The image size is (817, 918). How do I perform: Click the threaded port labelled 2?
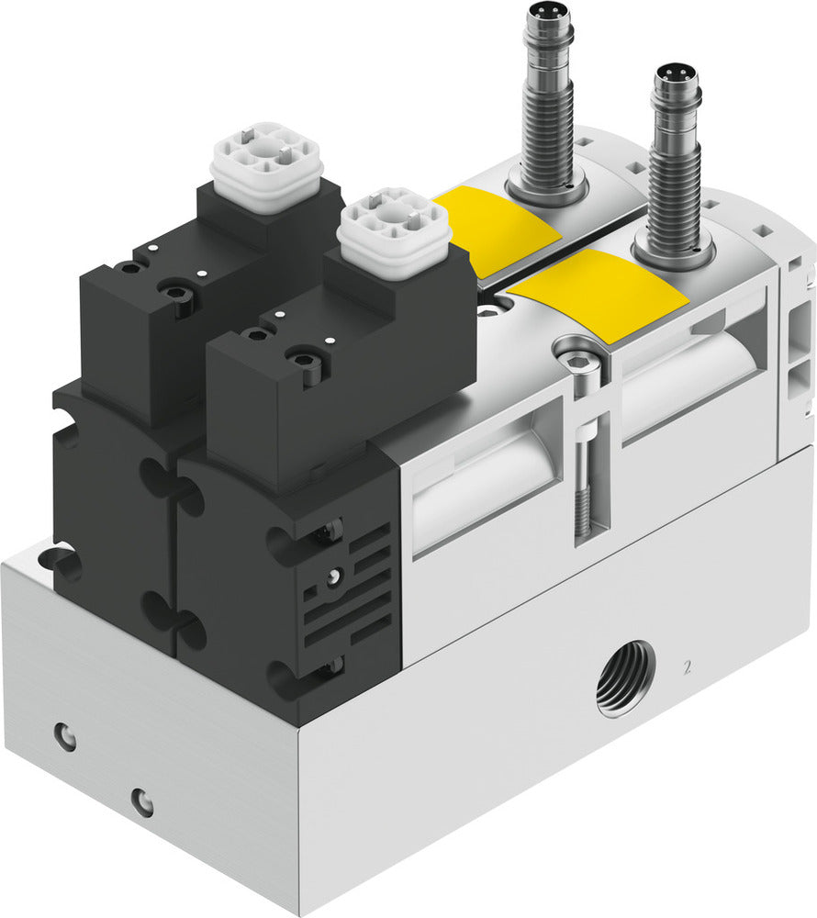tap(625, 678)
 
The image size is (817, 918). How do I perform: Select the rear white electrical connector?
tap(266, 164)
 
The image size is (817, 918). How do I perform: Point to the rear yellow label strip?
tap(497, 229)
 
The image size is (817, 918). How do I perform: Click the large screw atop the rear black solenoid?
tap(175, 295)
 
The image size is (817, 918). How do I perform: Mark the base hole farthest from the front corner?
tap(64, 735)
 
